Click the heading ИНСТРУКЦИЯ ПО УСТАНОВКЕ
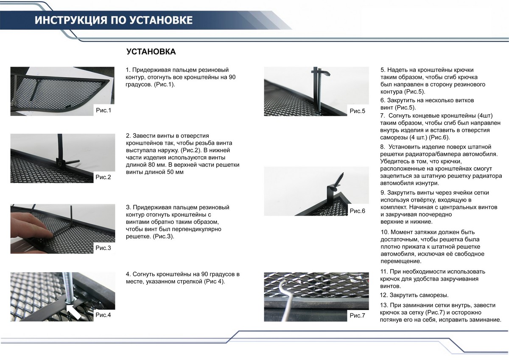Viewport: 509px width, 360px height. tap(113, 20)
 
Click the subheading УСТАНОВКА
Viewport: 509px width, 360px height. tap(151, 52)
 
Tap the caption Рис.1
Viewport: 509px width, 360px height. tap(103, 111)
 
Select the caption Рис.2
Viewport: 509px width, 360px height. tap(103, 177)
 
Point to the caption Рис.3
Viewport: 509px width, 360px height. tap(103, 247)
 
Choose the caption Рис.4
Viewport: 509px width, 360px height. tap(103, 315)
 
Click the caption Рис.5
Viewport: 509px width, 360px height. tap(357, 111)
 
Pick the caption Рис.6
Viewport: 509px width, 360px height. tap(357, 211)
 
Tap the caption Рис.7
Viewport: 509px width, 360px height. tap(357, 315)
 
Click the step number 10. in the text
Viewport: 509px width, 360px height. tap(385, 232)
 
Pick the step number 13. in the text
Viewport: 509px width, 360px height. tap(385, 305)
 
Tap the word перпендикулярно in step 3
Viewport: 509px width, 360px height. tap(199, 229)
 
